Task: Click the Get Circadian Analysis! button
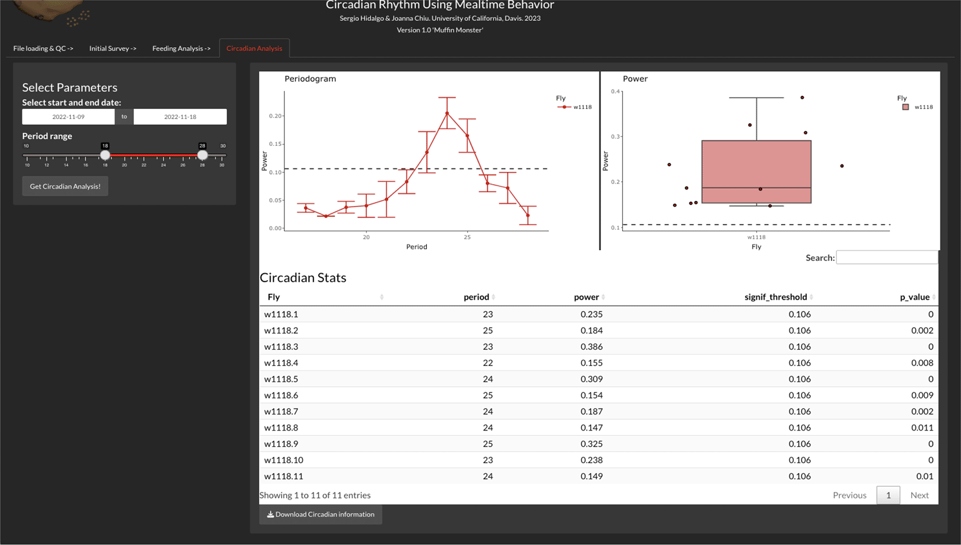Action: (x=65, y=186)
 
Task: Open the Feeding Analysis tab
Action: (x=181, y=48)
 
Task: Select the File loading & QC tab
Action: (x=43, y=48)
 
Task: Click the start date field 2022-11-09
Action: (x=68, y=117)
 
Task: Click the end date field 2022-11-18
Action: (x=180, y=117)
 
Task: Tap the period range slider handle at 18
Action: (x=105, y=155)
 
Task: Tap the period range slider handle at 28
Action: (x=203, y=155)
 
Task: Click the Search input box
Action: (x=886, y=258)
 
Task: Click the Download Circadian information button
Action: (x=320, y=514)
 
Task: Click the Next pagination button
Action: (x=919, y=495)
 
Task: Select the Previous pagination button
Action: (x=849, y=495)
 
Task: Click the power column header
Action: (x=586, y=297)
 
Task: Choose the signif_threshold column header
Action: (x=775, y=297)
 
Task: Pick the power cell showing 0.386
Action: (x=591, y=346)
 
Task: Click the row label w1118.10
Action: (x=284, y=460)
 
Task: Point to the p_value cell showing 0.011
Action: (x=922, y=427)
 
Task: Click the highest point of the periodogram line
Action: (x=447, y=113)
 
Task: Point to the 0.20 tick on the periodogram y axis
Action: (x=275, y=116)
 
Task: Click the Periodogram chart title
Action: (x=310, y=79)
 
